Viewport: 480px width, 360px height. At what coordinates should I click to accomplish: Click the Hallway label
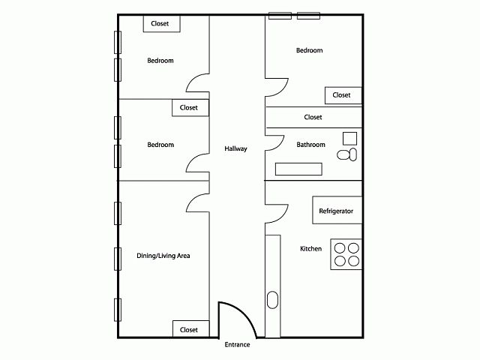(x=235, y=148)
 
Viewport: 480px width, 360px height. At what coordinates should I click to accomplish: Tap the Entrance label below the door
(x=237, y=345)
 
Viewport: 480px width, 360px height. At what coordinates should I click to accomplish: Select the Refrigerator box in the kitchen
(x=336, y=211)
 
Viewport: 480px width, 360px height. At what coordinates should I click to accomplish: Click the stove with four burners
(x=346, y=253)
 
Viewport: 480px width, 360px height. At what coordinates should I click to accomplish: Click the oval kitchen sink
(x=271, y=301)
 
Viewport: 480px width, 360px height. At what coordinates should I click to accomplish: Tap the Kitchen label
(x=310, y=248)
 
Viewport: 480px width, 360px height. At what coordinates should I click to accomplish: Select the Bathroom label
(x=310, y=145)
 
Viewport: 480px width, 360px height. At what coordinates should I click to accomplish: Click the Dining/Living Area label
(x=163, y=256)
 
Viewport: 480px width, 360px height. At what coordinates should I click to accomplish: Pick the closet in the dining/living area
(x=189, y=329)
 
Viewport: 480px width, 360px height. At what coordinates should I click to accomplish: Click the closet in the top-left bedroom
(x=160, y=24)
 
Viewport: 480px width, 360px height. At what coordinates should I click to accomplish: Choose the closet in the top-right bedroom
(x=342, y=95)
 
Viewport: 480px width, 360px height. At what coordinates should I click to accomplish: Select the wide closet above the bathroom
(x=313, y=117)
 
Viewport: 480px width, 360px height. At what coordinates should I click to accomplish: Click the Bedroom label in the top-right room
(x=309, y=50)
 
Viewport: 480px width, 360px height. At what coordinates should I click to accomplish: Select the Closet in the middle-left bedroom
(x=189, y=108)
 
